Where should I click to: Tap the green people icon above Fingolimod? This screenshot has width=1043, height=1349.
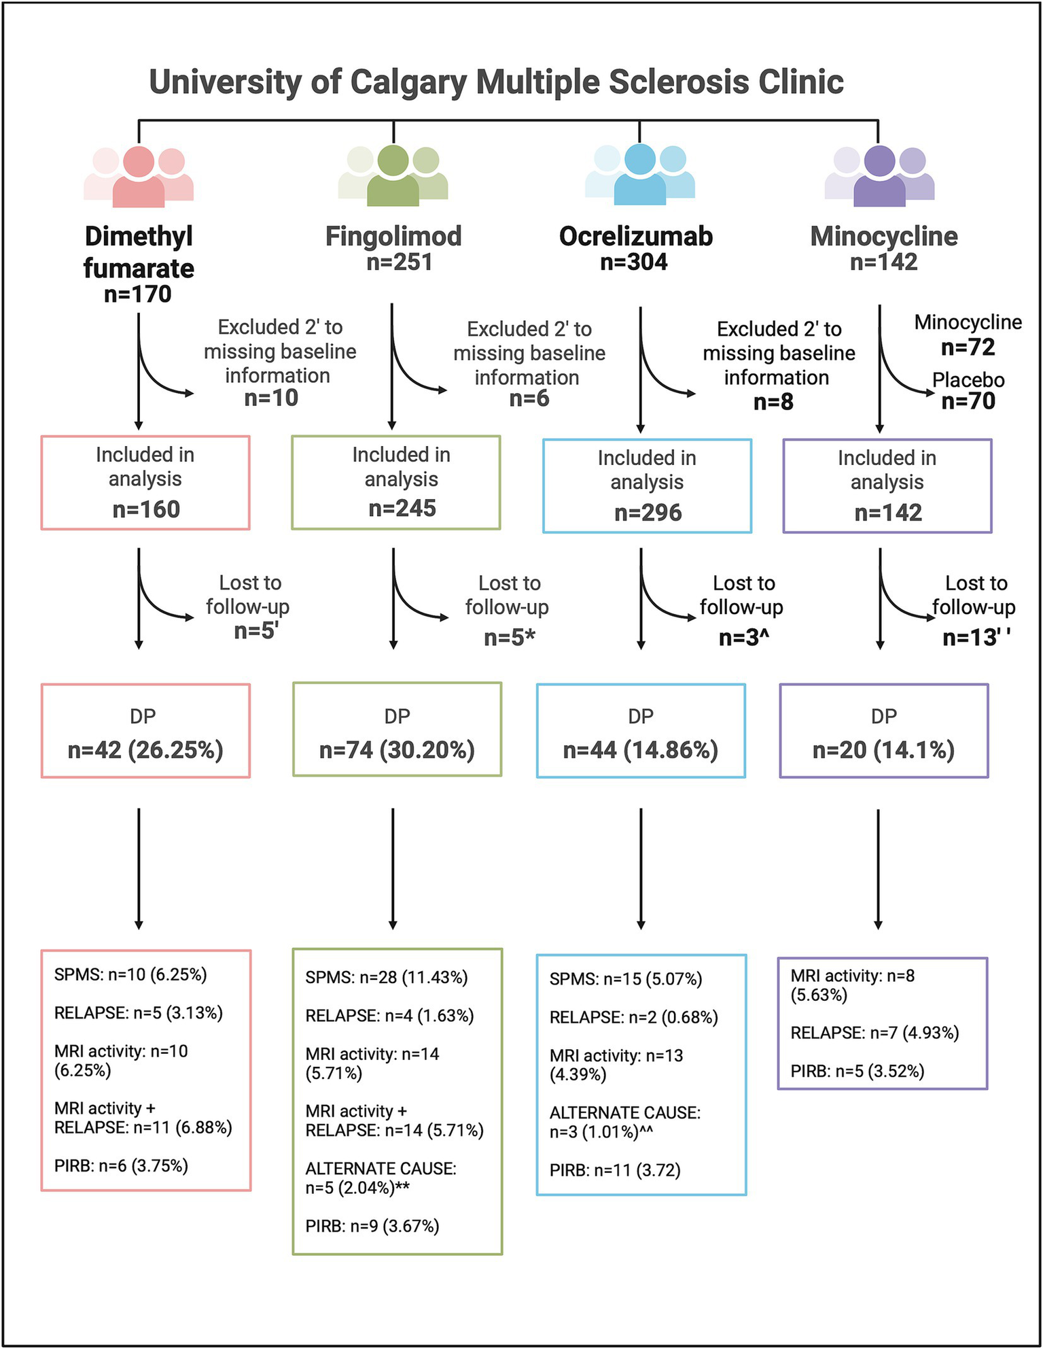click(393, 175)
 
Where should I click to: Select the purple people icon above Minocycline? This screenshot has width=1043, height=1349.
click(879, 175)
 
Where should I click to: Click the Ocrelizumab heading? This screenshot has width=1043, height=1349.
click(635, 237)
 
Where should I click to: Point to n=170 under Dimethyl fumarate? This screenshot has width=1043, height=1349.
click(138, 294)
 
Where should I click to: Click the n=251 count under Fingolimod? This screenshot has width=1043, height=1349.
click(400, 262)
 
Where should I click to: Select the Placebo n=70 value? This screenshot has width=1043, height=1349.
click(968, 401)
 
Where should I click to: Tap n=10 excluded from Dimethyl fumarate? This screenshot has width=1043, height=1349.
click(271, 398)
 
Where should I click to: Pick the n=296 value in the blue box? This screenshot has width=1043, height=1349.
click(648, 513)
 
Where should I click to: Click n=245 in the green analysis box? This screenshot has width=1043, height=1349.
click(402, 509)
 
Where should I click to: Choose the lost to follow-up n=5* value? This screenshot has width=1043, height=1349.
click(509, 638)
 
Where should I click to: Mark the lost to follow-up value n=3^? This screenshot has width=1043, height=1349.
click(743, 638)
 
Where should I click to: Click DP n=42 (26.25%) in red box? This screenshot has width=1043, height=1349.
click(145, 750)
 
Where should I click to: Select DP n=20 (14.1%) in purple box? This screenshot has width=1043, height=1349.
click(883, 750)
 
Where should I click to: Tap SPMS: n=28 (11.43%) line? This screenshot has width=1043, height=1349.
click(386, 978)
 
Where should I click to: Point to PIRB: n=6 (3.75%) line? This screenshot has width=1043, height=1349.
click(121, 1166)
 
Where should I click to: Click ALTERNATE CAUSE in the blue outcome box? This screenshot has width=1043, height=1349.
click(624, 1113)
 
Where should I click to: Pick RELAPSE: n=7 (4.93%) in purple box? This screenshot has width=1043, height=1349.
click(874, 1033)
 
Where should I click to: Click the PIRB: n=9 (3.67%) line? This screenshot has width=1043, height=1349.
click(372, 1226)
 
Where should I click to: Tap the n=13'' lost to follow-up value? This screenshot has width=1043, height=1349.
click(976, 638)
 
